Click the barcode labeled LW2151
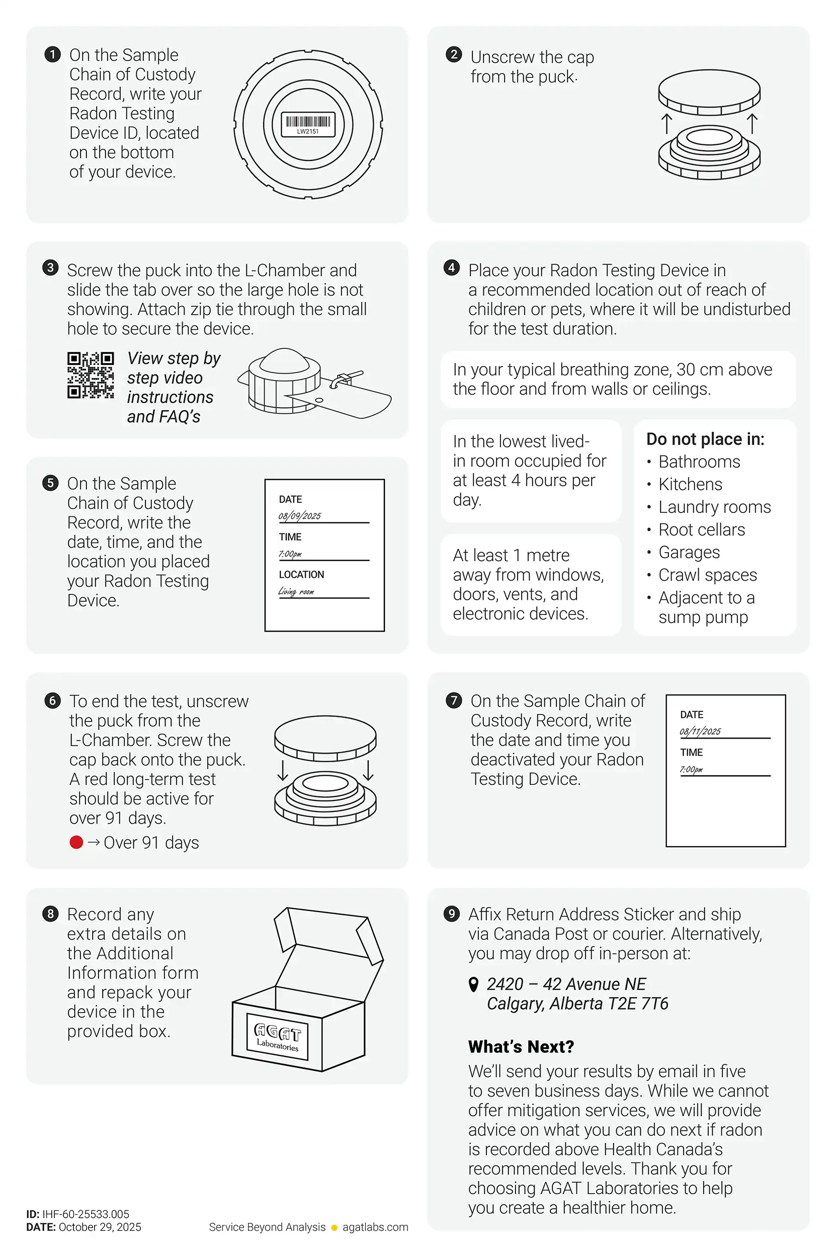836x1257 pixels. (308, 123)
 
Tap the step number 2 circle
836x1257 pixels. (454, 54)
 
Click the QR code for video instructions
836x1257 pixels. (91, 375)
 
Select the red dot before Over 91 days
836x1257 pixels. (76, 842)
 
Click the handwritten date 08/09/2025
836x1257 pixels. (300, 516)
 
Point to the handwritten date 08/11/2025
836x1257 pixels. (700, 731)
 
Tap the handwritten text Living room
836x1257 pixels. (296, 591)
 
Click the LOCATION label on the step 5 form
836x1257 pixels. (301, 574)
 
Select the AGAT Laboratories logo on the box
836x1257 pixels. (277, 1037)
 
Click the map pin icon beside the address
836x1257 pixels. (473, 984)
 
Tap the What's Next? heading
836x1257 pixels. (521, 1046)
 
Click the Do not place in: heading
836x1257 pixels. (705, 439)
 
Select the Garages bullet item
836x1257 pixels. (689, 552)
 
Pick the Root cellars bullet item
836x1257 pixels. (701, 529)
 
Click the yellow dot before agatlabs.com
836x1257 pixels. (335, 1228)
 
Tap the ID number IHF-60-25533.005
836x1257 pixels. (86, 1214)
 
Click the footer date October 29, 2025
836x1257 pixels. (100, 1227)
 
